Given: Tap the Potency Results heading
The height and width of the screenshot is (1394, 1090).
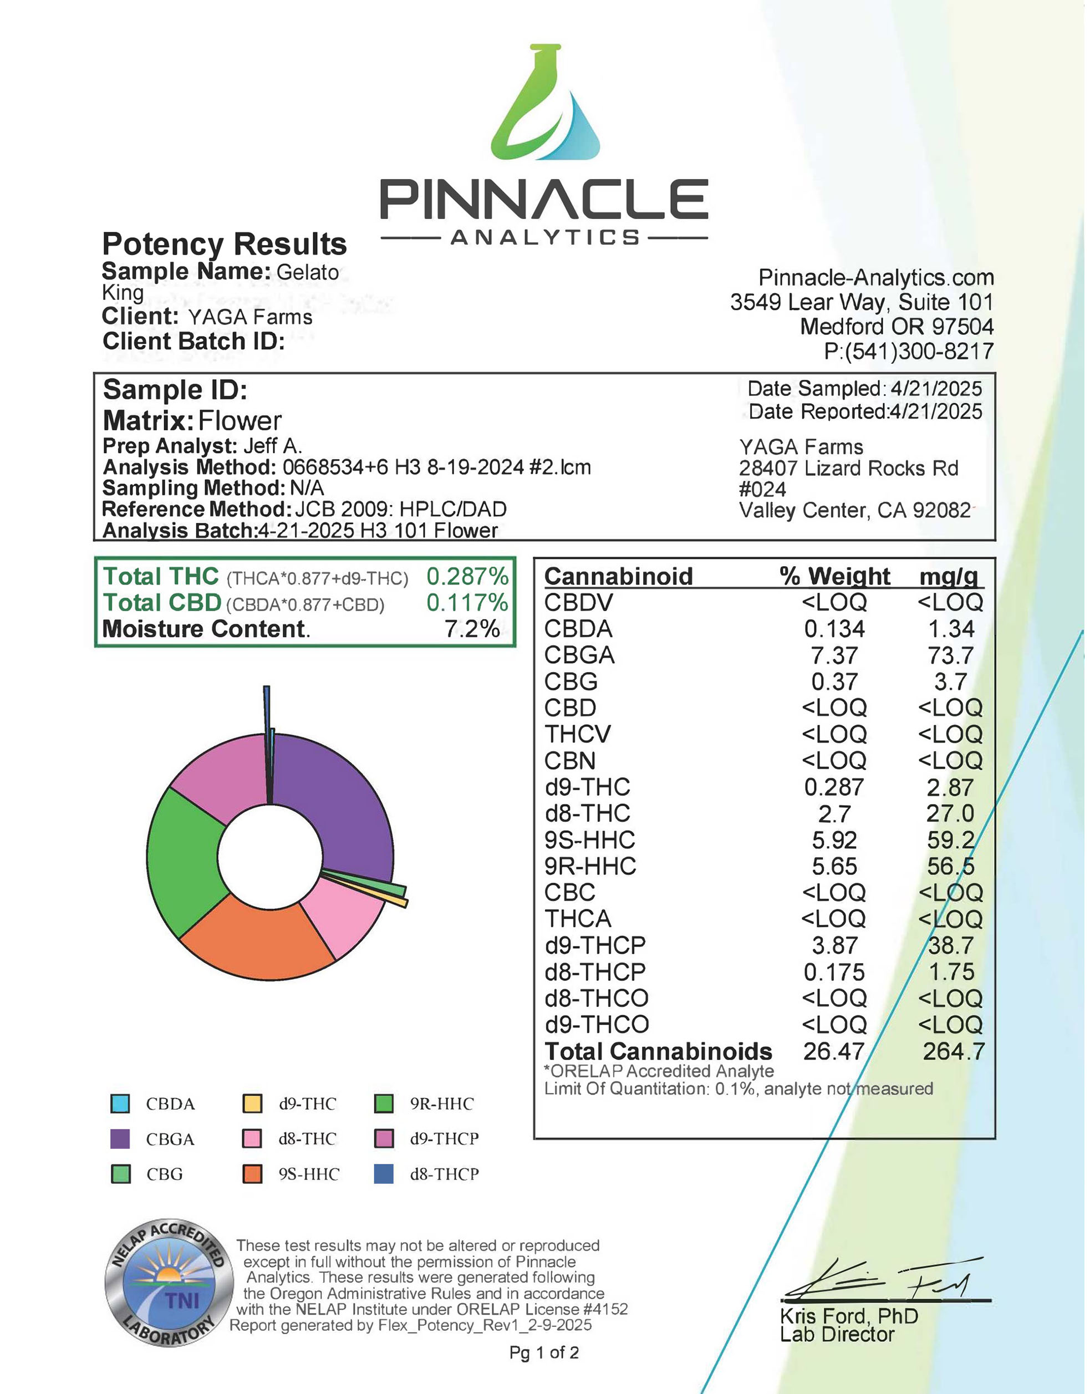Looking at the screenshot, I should (224, 244).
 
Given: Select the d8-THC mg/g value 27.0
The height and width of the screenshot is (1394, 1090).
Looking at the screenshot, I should (950, 814).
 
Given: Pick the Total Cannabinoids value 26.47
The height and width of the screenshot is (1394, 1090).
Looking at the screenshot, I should (833, 1051).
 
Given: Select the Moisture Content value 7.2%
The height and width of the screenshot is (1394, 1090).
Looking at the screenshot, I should (472, 629).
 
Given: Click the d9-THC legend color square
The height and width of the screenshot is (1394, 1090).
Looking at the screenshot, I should (253, 1103).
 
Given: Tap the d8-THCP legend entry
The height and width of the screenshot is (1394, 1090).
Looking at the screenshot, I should (444, 1174).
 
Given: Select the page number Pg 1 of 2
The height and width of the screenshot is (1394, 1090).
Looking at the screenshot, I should (544, 1352).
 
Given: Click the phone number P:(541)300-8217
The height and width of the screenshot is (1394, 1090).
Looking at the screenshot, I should (909, 351).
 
